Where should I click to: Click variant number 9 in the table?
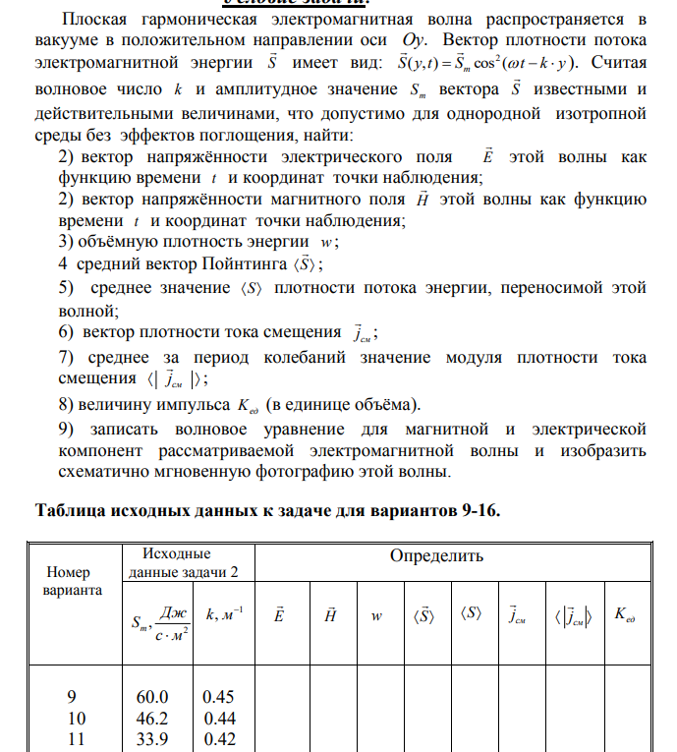click(x=72, y=697)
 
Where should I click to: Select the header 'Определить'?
click(x=436, y=556)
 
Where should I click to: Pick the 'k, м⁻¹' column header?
click(x=225, y=614)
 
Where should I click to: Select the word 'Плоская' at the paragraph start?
click(x=94, y=19)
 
